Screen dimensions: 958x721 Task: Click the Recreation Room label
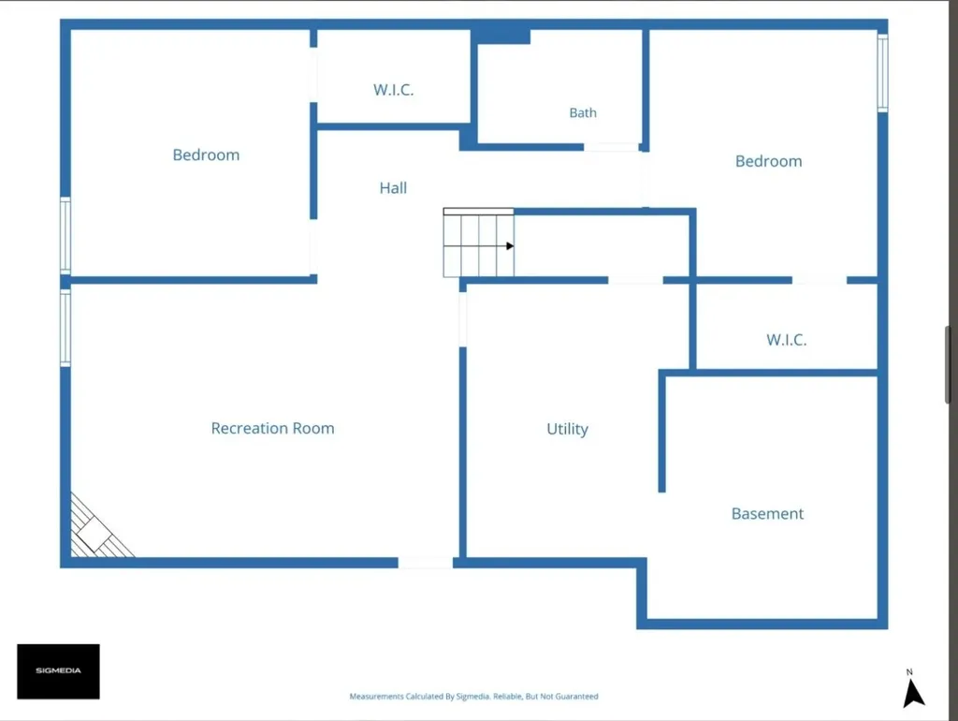272,428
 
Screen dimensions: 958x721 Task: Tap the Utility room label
567,429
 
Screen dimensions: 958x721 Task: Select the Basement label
767,514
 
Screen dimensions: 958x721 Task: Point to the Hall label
393,188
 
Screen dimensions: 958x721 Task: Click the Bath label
583,112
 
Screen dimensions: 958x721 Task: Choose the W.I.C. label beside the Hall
394,90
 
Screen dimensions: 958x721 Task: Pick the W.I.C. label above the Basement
786,340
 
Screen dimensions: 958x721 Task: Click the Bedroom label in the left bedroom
206,154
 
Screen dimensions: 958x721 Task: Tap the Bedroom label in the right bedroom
769,161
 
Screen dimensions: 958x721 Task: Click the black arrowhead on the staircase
510,246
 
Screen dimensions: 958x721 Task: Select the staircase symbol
478,243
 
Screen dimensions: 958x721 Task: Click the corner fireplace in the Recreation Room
97,530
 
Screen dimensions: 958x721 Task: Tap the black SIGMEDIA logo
58,671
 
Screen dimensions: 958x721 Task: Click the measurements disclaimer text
473,696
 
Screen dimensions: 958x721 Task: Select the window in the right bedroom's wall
882,73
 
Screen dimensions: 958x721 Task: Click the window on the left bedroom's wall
65,236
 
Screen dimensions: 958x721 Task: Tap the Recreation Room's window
65,329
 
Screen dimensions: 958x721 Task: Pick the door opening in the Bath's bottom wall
611,147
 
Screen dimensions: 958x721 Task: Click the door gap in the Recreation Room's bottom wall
426,563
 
